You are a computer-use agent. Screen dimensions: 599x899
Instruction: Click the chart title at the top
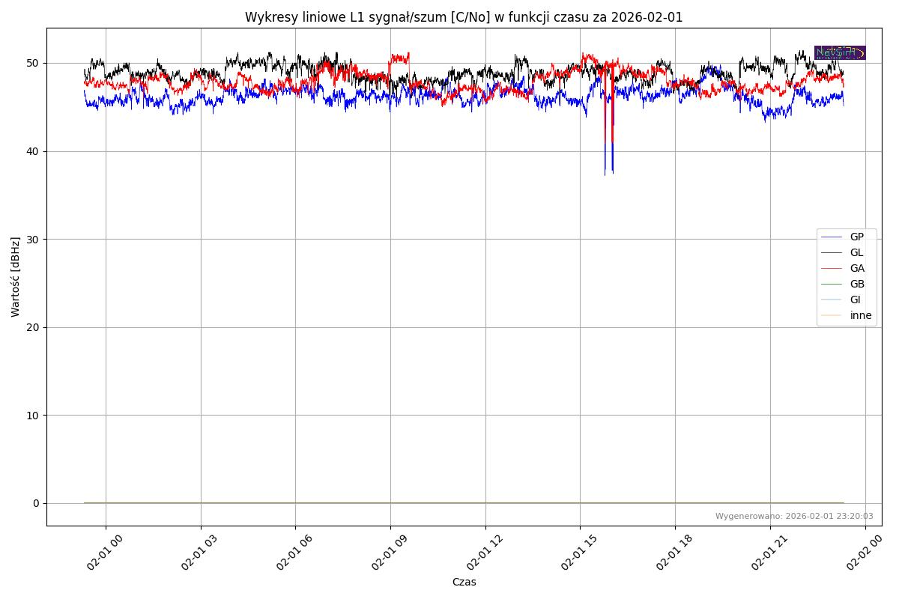point(464,17)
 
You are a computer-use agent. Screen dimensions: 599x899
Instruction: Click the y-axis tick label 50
point(33,63)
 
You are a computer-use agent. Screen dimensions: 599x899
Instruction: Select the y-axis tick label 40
point(33,151)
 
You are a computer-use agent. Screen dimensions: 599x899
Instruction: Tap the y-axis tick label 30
point(33,239)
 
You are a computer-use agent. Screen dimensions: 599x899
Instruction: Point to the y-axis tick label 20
point(33,327)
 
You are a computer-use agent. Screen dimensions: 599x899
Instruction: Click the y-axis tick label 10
point(33,415)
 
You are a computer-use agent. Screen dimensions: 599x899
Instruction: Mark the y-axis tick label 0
point(36,503)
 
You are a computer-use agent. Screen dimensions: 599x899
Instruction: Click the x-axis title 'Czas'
point(464,582)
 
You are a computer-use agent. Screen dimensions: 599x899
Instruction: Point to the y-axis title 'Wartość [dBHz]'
point(16,277)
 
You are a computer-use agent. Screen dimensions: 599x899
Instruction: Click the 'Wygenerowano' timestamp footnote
point(794,516)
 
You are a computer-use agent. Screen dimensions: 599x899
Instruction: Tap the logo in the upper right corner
point(840,52)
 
